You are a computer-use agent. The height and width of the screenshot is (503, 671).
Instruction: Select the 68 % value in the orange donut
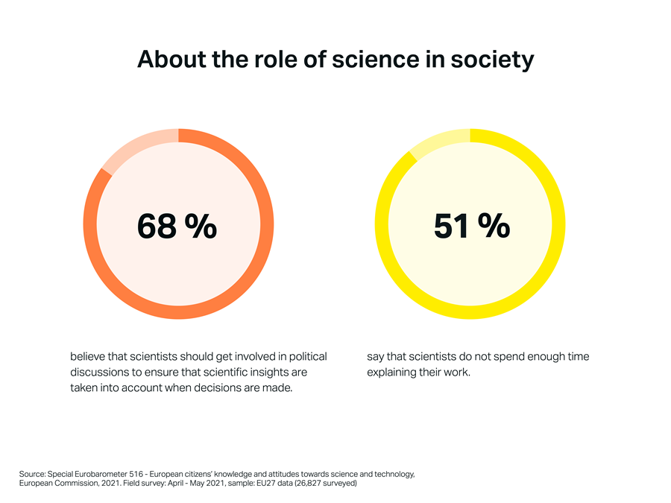coord(177,226)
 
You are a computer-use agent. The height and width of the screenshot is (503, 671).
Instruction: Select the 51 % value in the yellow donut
coord(471,226)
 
